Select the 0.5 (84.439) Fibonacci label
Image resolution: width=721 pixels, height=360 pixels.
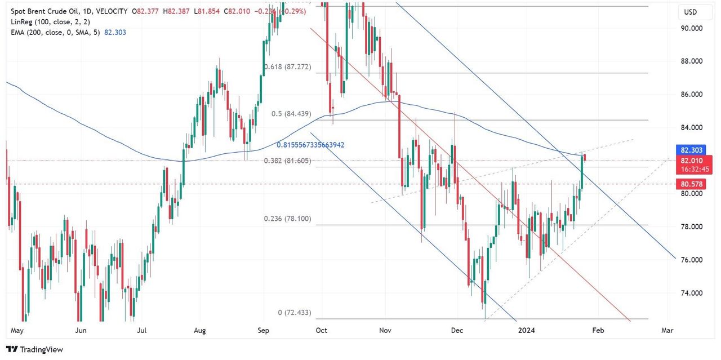pyautogui.click(x=291, y=114)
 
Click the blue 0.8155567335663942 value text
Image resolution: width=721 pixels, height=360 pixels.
pyautogui.click(x=310, y=145)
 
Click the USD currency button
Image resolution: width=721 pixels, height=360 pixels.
pyautogui.click(x=691, y=12)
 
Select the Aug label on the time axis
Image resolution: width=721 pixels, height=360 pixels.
pyautogui.click(x=201, y=331)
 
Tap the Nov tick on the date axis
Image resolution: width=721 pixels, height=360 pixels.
pyautogui.click(x=385, y=331)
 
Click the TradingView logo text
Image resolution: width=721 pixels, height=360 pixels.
pyautogui.click(x=35, y=350)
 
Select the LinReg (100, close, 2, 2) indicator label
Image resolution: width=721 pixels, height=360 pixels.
pyautogui.click(x=50, y=21)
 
